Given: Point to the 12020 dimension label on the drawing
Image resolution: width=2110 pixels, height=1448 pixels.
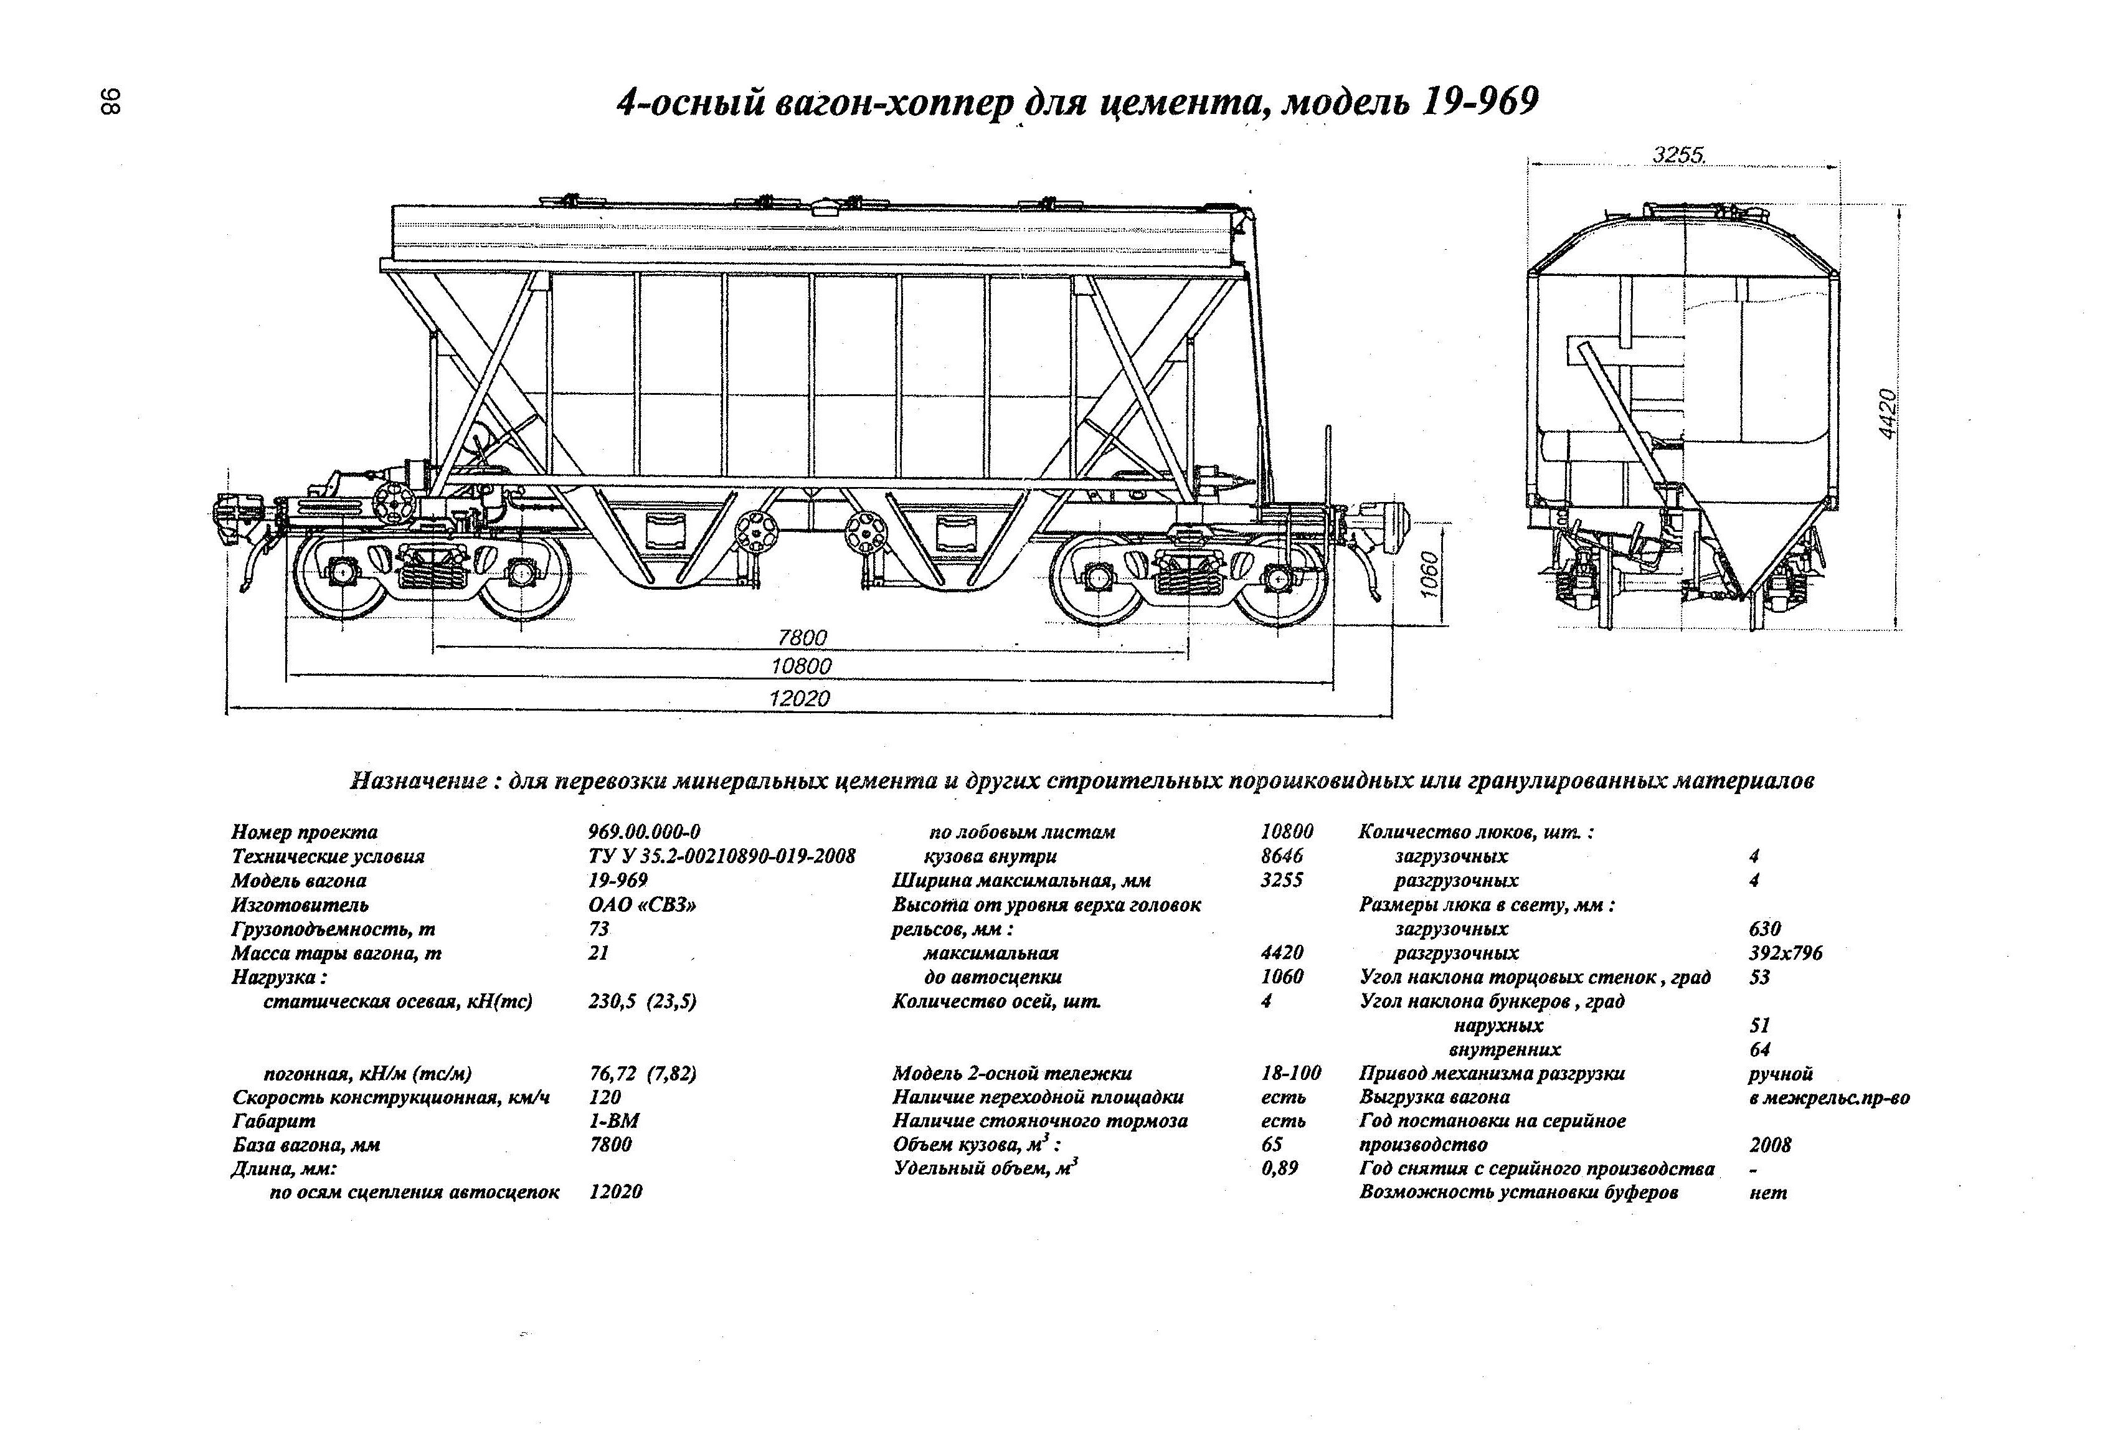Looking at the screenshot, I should pos(799,698).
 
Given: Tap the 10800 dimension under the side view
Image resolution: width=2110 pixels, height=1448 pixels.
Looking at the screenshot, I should pos(801,666).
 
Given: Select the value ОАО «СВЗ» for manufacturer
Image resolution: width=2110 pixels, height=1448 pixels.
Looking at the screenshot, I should pos(643,905).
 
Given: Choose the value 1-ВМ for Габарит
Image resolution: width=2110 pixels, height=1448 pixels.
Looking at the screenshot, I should pos(613,1121).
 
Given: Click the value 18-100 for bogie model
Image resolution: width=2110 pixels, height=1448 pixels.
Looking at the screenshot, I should pos(1291,1073).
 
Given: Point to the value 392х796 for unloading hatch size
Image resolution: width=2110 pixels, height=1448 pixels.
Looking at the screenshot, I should pos(1785,954).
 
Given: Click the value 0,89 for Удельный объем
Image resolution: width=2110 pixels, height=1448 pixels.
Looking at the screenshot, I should pos(1279,1168).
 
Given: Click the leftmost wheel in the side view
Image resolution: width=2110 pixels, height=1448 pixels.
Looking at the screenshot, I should pos(341,574).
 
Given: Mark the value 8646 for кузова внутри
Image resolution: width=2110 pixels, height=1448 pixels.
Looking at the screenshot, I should pos(1282,856).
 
